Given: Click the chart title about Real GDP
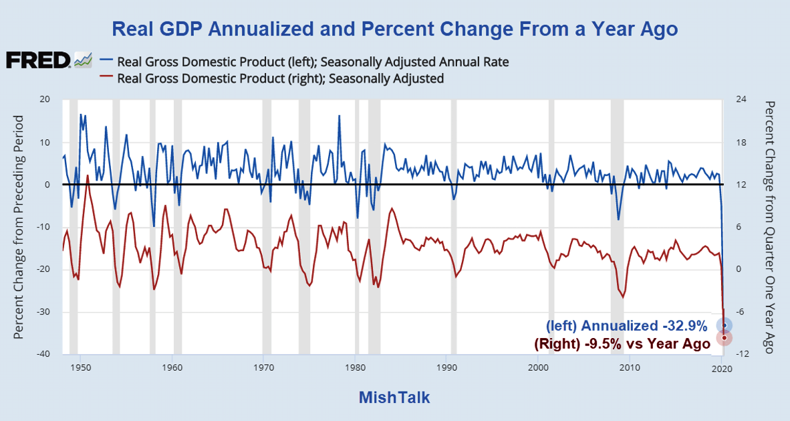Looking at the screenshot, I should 394,29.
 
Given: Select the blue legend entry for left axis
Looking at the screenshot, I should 313,62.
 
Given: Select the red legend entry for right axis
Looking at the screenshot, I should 280,78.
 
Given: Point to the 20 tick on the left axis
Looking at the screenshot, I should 45,99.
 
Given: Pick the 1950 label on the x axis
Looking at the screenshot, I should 80,368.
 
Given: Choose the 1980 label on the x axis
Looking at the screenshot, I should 355,368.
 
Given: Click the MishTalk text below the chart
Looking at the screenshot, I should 394,397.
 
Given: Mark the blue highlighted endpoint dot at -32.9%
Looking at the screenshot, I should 724,325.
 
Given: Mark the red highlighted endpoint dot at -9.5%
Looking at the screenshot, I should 725,337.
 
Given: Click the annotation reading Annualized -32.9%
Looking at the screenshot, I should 626,326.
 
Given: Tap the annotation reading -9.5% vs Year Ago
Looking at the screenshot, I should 622,343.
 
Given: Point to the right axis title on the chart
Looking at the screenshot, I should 770,227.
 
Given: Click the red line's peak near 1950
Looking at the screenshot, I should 88,175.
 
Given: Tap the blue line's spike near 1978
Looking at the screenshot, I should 339,116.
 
